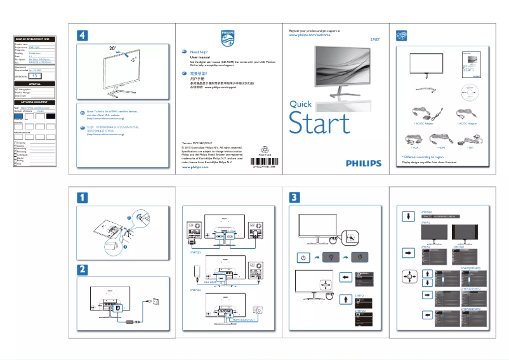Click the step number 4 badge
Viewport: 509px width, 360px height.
(x=83, y=34)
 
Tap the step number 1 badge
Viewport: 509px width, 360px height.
(x=83, y=197)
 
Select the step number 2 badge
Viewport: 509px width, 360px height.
(x=83, y=269)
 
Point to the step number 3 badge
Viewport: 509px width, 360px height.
(x=294, y=197)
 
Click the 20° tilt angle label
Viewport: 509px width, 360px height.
(x=112, y=48)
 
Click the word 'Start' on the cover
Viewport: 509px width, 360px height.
(x=319, y=123)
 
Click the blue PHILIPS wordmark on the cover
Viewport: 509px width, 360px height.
(x=364, y=163)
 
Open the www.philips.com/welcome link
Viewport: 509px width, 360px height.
(x=310, y=36)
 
